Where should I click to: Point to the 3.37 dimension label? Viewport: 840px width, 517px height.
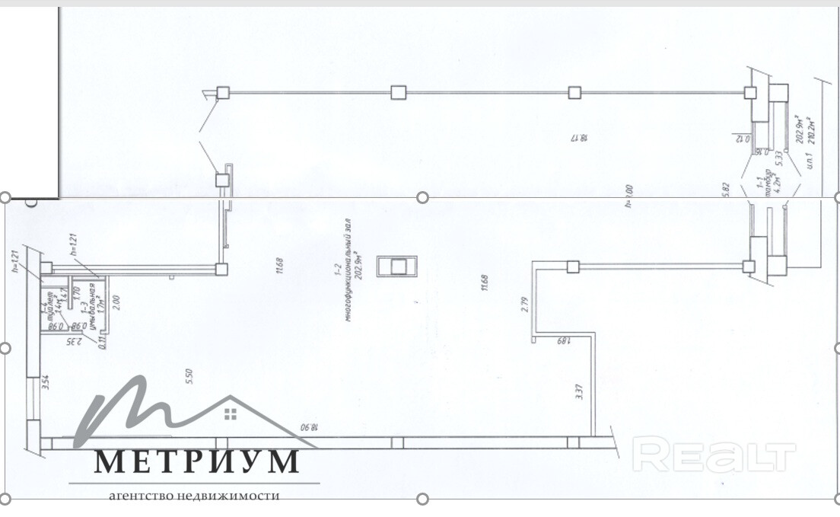[578, 392]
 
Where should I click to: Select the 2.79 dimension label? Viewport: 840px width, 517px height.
[523, 305]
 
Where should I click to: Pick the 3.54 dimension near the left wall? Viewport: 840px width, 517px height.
[46, 382]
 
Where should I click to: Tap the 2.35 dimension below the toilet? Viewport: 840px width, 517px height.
[74, 340]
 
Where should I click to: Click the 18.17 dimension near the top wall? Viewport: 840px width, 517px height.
[581, 139]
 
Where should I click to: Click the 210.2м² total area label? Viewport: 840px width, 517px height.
[811, 131]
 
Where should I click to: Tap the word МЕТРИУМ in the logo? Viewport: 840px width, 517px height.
[197, 461]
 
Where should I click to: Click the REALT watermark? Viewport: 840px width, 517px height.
[714, 455]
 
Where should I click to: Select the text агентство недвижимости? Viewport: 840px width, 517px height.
[194, 496]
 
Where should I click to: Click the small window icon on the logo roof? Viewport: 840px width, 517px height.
[231, 413]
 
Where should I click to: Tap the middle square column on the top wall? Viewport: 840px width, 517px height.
[398, 92]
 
